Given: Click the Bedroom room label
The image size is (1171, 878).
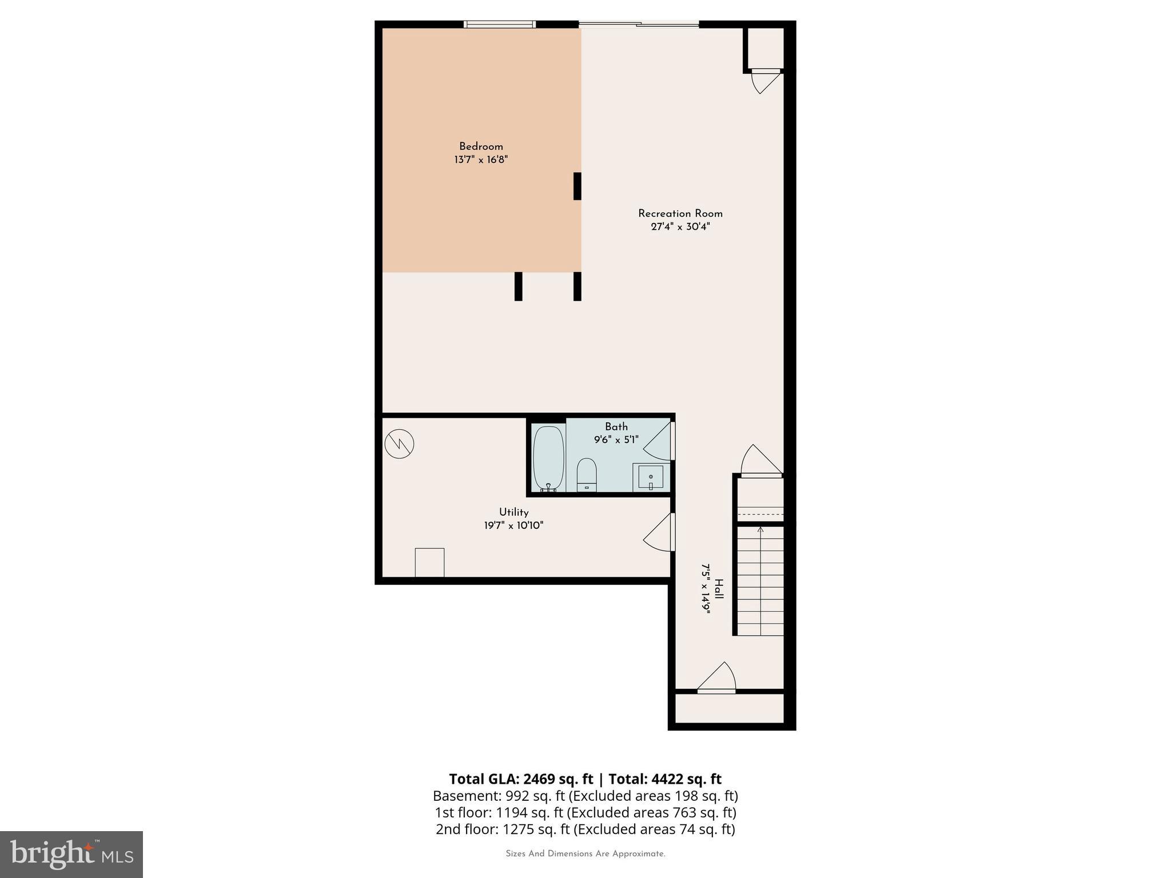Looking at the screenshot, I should (x=481, y=146).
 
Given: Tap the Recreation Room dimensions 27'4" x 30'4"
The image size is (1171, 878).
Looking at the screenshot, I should (x=680, y=227).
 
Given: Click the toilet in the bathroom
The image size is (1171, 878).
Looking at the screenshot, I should (x=587, y=474).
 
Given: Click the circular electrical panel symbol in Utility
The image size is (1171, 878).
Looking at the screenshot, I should (x=399, y=444).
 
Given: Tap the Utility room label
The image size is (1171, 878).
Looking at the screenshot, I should (x=513, y=512).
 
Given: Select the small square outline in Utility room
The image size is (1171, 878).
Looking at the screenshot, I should (x=429, y=562).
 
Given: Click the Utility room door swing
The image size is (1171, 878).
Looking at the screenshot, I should (x=659, y=533).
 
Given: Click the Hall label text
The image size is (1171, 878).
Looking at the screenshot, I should (x=719, y=589).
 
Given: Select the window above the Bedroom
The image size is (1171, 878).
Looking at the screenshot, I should (x=499, y=24).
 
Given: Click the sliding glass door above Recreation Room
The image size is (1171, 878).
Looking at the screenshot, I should (x=639, y=24).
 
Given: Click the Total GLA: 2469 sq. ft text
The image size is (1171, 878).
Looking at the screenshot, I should (x=521, y=779).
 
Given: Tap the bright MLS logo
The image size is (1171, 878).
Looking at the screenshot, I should (x=71, y=854).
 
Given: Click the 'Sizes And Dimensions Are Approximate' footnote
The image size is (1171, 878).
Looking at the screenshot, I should (x=585, y=854).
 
